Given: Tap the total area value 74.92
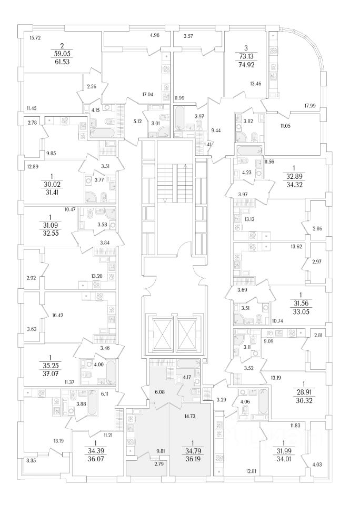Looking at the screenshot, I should click(x=248, y=66).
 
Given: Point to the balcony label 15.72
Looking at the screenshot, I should click(x=36, y=38).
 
